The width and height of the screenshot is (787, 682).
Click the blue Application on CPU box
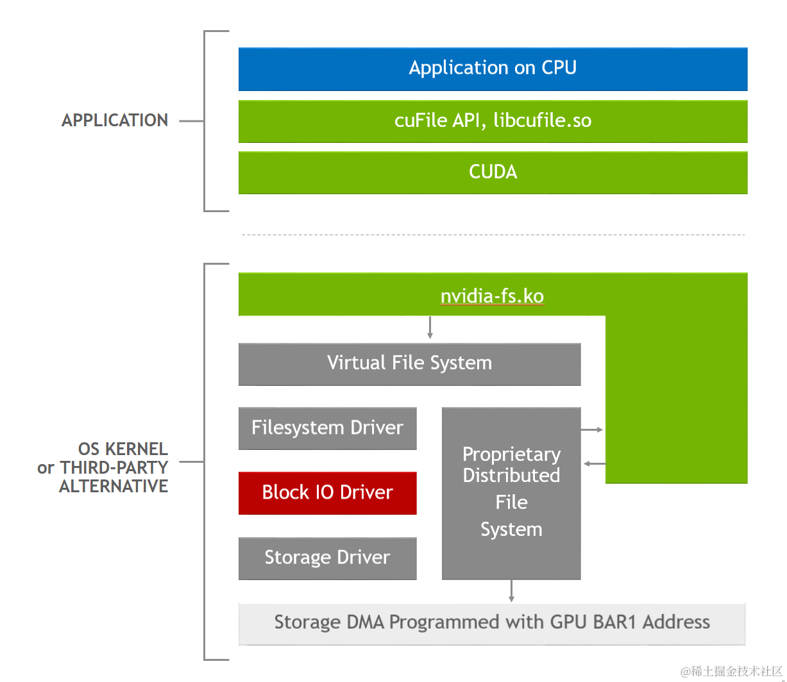[x=493, y=69]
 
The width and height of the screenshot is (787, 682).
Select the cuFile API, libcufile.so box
[x=493, y=121]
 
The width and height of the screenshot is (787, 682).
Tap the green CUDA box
[x=493, y=172]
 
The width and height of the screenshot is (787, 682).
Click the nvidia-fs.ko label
[x=492, y=296]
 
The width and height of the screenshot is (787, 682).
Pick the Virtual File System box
[x=409, y=363]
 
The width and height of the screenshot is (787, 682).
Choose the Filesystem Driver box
[x=327, y=428]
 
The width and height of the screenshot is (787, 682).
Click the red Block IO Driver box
[x=327, y=493]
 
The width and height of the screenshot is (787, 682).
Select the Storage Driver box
[x=327, y=558]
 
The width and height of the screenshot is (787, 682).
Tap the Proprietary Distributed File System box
[x=511, y=492]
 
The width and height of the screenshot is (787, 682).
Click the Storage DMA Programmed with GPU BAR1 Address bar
[x=492, y=623]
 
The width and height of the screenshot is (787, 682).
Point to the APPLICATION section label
[x=115, y=121]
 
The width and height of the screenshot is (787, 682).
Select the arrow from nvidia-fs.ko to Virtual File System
[x=430, y=328]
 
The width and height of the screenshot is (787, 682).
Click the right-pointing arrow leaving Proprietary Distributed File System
[x=592, y=429]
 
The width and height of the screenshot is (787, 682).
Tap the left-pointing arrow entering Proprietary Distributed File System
[x=594, y=463]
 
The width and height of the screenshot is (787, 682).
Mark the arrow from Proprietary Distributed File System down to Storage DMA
[x=511, y=591]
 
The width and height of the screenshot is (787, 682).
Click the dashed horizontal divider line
[x=493, y=235]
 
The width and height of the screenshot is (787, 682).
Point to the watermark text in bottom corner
[x=732, y=671]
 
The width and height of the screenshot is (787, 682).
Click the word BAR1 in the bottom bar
[x=616, y=622]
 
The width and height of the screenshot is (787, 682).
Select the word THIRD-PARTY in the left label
[x=114, y=467]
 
